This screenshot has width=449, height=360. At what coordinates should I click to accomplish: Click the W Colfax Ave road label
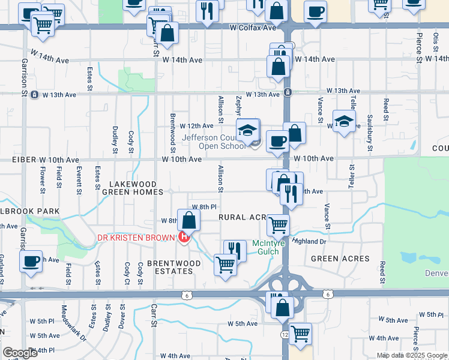pyautogui.click(x=253, y=28)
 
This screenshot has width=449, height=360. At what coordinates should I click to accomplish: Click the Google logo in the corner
pyautogui.click(x=20, y=353)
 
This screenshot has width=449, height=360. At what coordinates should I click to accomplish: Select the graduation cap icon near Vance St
pyautogui.click(x=344, y=122)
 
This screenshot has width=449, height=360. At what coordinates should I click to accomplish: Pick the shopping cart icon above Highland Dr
pyautogui.click(x=279, y=226)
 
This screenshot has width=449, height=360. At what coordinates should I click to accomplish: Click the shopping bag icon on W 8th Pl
pyautogui.click(x=188, y=220)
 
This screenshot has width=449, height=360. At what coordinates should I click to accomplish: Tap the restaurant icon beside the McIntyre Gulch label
pyautogui.click(x=235, y=251)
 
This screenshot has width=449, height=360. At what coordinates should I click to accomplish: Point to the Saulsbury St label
pyautogui.click(x=370, y=137)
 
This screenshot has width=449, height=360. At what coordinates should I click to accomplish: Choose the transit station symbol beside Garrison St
pyautogui.click(x=34, y=94)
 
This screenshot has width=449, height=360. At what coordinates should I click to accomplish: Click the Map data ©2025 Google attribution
pyautogui.click(x=412, y=355)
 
